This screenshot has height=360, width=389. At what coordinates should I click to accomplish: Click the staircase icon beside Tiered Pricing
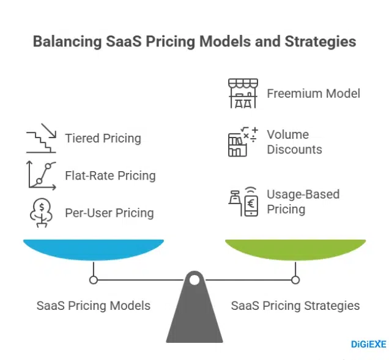point(41,139)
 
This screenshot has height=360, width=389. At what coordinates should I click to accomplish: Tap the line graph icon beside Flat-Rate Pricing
point(41,175)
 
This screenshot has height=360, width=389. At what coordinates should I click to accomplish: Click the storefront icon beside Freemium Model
point(243,94)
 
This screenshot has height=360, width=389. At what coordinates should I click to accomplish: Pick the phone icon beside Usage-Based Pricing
point(243,202)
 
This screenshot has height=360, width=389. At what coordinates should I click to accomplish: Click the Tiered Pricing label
point(103,138)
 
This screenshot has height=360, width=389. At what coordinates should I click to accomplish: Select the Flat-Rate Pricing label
point(110,175)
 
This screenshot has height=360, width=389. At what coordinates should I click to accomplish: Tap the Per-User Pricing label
point(109,213)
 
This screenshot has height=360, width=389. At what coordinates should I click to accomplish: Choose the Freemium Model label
point(313,94)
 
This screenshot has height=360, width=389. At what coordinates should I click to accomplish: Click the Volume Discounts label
point(294,142)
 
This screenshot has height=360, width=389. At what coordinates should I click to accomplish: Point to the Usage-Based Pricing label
point(303,202)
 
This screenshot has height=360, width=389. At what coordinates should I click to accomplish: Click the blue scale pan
point(94,249)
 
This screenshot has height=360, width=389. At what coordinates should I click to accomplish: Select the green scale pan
point(295,249)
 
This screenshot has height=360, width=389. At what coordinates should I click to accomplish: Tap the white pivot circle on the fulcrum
point(194,281)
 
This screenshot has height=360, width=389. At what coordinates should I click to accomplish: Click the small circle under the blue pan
point(94,280)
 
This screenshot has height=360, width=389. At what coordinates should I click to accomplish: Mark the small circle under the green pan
point(295,280)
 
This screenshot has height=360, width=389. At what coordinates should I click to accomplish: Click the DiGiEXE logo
point(368,345)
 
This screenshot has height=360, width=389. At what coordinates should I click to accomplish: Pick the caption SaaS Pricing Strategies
point(295,305)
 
